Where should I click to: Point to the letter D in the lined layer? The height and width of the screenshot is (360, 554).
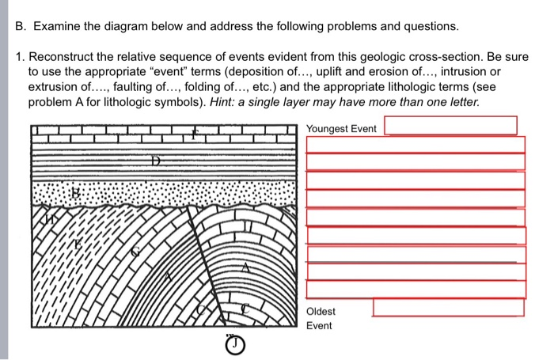(157, 161)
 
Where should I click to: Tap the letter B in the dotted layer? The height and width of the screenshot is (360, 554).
(77, 192)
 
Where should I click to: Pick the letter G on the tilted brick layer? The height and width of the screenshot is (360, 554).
(135, 252)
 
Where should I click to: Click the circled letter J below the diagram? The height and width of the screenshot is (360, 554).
(233, 346)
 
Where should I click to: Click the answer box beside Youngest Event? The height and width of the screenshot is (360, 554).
(450, 126)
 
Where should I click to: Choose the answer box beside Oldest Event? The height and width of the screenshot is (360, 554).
(448, 307)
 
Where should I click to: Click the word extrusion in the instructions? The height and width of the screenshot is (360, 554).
(56, 89)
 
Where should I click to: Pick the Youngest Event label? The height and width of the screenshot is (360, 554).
(341, 128)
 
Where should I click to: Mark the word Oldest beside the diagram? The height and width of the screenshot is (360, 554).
(321, 312)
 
